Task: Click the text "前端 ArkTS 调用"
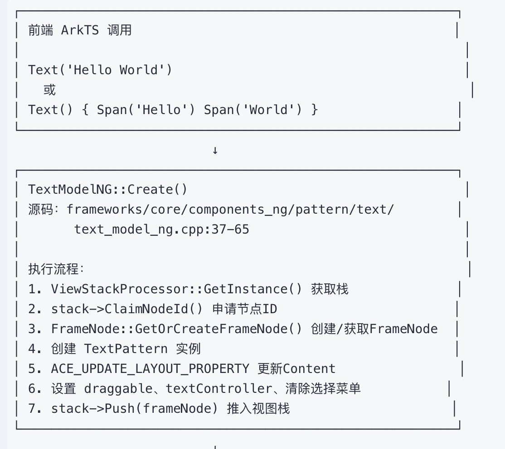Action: pos(80,30)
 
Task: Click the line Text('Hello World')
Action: pos(100,70)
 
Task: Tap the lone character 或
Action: pos(49,90)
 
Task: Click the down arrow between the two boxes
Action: pos(215,150)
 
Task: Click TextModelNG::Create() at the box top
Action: pos(107,189)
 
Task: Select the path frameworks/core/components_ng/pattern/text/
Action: pos(230,210)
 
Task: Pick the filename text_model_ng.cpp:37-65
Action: pos(161,229)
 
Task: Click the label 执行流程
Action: pos(54,269)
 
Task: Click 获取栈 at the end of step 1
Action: pos(330,289)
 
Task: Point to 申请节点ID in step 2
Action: pos(244,309)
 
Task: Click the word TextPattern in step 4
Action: pos(126,349)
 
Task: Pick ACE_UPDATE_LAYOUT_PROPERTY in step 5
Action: pos(150,369)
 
